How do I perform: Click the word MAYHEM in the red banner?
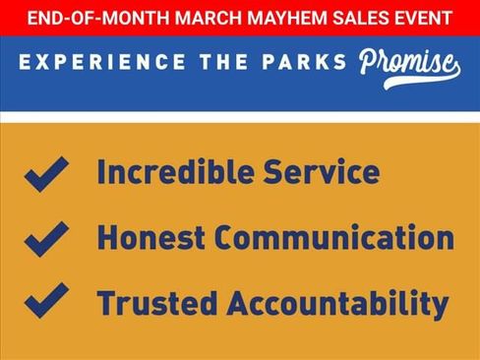pos(287,18)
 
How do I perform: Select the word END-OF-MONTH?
pos(98,18)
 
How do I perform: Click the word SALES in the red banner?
pos(361,18)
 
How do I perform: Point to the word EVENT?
pos(423,18)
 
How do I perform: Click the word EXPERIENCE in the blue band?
pos(102,62)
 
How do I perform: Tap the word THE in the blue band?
pos(224,62)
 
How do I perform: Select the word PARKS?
pos(304,62)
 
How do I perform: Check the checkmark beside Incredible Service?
pos(45,175)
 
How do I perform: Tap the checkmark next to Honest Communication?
pos(45,240)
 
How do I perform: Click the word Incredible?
pos(176,171)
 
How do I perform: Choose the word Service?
pos(322,171)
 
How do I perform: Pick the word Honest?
pos(151,237)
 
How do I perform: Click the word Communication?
pos(334,237)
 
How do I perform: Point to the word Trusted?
pos(157,303)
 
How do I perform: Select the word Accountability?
pos(337,305)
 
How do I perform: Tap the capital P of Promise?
pos(370,61)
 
